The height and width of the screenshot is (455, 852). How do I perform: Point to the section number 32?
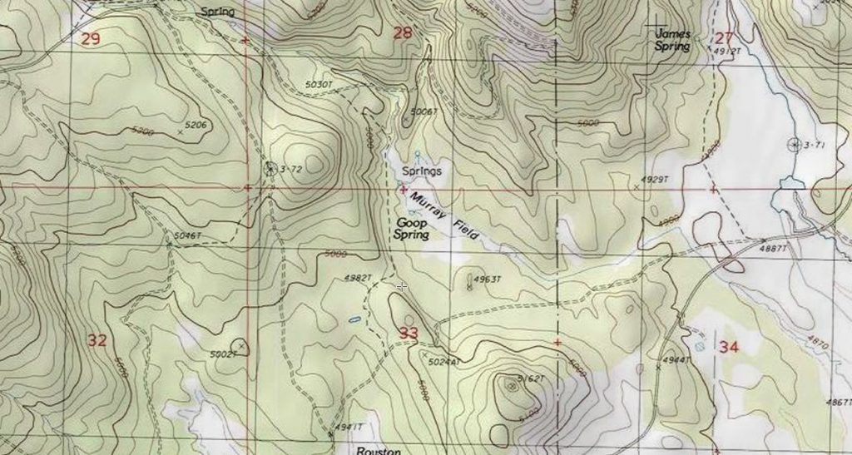97,339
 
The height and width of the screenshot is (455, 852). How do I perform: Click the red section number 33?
409,334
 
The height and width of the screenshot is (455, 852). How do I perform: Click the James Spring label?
673,40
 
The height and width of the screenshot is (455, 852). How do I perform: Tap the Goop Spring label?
412,230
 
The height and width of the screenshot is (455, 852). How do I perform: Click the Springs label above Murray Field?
421,171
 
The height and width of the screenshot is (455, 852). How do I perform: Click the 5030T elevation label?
319,85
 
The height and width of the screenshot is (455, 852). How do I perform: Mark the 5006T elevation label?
424,111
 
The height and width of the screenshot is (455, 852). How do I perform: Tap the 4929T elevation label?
656,180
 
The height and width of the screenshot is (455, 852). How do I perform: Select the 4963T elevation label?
488,279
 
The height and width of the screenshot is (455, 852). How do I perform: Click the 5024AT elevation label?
444,363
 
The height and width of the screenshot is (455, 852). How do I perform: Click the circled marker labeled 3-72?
270,168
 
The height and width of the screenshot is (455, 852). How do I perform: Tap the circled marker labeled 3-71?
792,145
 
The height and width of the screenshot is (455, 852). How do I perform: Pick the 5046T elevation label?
187,236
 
